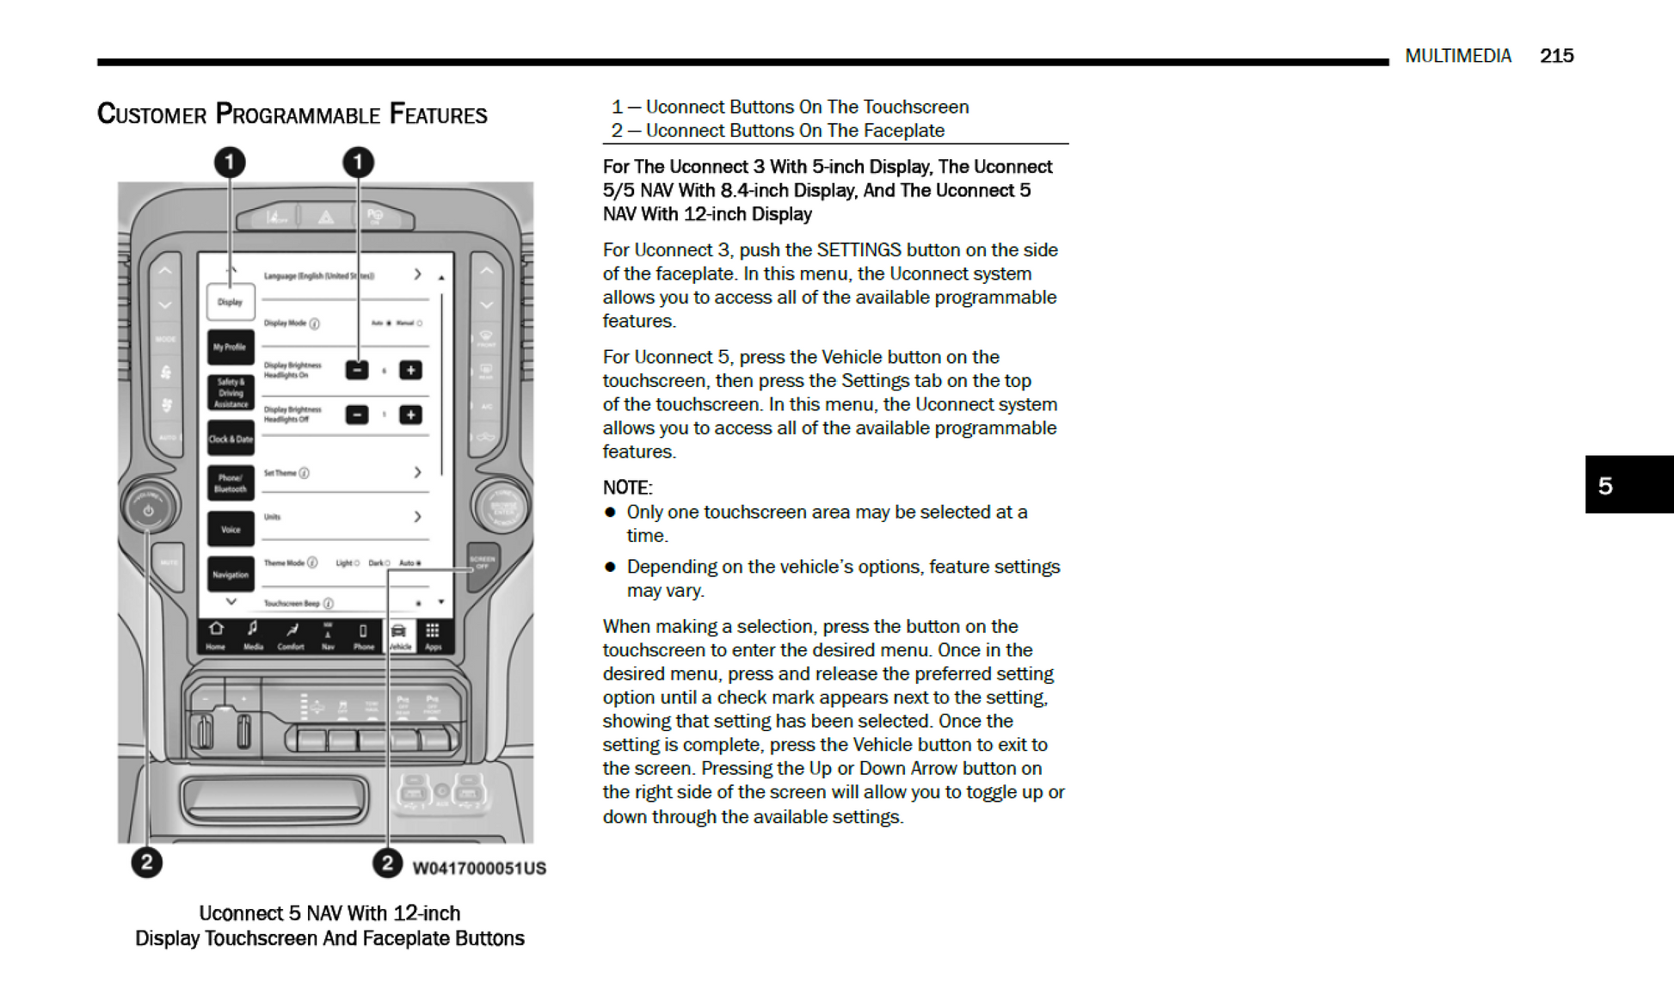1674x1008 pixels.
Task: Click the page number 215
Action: pyautogui.click(x=1556, y=56)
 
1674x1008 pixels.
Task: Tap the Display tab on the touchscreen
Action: pyautogui.click(x=230, y=302)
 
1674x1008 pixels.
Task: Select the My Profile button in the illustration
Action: pyautogui.click(x=230, y=347)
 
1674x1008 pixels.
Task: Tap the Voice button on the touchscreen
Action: pyautogui.click(x=230, y=529)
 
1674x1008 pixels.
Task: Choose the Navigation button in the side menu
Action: pyautogui.click(x=230, y=574)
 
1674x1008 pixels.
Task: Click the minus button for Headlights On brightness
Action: pyautogui.click(x=357, y=370)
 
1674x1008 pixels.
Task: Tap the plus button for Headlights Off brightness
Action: pyautogui.click(x=410, y=415)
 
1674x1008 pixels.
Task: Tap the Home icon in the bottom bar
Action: pyautogui.click(x=216, y=635)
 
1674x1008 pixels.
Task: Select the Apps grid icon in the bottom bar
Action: pyautogui.click(x=433, y=635)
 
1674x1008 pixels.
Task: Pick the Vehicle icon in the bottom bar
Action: pyautogui.click(x=399, y=635)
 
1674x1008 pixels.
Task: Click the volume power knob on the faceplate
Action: pyautogui.click(x=148, y=508)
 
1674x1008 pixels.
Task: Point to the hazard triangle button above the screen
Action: pyautogui.click(x=326, y=217)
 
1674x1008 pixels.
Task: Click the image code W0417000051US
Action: pyautogui.click(x=479, y=868)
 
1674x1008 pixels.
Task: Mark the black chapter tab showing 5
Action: pyautogui.click(x=1628, y=485)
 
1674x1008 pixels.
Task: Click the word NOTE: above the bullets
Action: pyautogui.click(x=627, y=488)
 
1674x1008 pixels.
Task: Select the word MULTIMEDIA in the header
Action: pyautogui.click(x=1458, y=56)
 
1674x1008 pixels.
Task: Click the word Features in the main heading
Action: pyautogui.click(x=438, y=114)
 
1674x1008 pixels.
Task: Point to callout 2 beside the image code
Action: pyautogui.click(x=387, y=863)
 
